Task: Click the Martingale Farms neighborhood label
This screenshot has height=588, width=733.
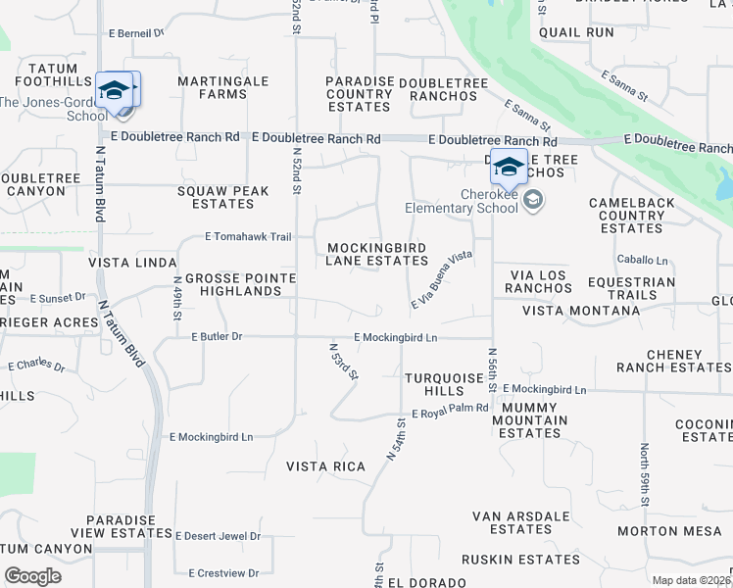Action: [x=222, y=87]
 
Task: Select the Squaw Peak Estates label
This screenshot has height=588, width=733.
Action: [x=223, y=197]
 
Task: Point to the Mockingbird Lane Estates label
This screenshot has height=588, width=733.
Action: [x=377, y=254]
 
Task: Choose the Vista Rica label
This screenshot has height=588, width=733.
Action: [x=325, y=466]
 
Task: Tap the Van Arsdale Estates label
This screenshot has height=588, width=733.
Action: [x=520, y=522]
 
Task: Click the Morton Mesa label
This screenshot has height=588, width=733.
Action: [x=669, y=531]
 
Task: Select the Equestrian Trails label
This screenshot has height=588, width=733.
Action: [x=641, y=288]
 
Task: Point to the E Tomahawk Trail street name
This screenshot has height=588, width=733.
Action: [x=248, y=236]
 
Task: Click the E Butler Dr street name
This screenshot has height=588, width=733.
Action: [x=217, y=336]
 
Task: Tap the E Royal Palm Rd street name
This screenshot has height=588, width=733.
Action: [x=450, y=412]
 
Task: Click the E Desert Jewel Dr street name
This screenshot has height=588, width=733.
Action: [x=218, y=536]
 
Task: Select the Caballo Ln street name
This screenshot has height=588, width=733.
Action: [x=642, y=261]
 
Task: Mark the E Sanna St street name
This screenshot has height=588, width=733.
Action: [x=625, y=86]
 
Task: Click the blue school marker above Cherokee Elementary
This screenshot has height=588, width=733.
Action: [x=509, y=168]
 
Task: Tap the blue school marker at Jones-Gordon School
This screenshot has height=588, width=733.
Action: [x=116, y=90]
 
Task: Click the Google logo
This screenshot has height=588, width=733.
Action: [x=32, y=576]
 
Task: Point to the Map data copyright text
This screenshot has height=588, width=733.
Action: [x=691, y=580]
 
